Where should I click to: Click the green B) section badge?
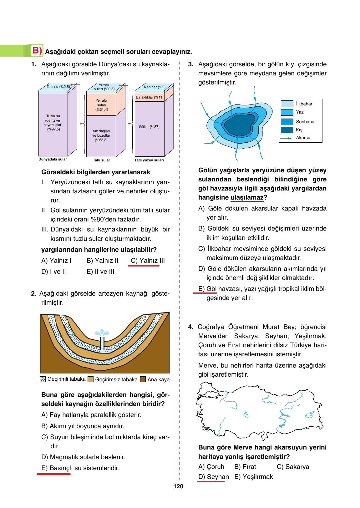pos(37,51)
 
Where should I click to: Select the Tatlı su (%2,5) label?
pos(58,87)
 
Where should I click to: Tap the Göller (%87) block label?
pos(149,127)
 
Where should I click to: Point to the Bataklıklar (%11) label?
pos(150,97)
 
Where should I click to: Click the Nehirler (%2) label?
pos(155,87)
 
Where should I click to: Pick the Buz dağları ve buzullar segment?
pos(101,135)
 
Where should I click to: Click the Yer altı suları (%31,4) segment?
pos(101,105)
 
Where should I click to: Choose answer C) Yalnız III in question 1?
pos(148,261)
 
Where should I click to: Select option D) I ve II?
pos(53,272)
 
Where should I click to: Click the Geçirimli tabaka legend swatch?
pos(43,379)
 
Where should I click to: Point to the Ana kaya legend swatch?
pos(143,379)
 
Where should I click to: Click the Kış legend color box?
pos(287,130)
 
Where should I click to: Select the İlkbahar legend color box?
pos(287,104)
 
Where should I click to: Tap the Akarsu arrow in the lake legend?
pos(286,138)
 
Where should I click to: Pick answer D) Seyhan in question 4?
pos(214,477)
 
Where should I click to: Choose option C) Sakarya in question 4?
pos(293,467)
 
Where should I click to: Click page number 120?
pos(178,486)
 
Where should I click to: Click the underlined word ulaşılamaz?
pos(247,198)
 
